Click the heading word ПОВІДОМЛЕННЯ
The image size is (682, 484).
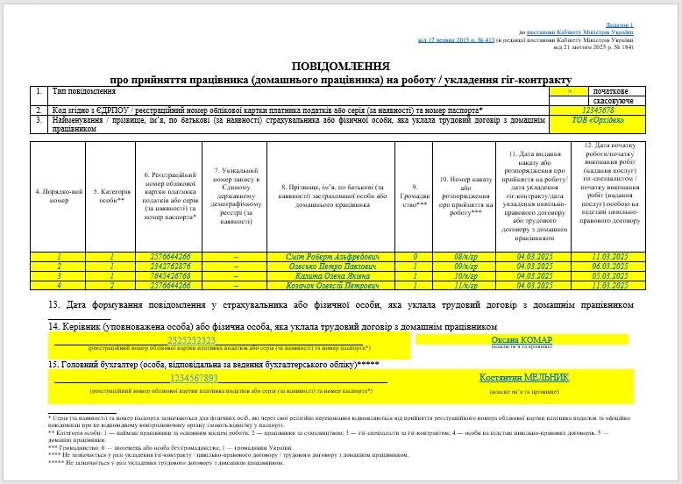(341, 67)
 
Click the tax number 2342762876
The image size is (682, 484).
(170, 266)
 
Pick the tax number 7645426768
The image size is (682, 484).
(170, 275)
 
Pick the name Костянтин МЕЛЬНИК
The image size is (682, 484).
(523, 377)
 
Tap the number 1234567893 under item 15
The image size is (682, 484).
(193, 378)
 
